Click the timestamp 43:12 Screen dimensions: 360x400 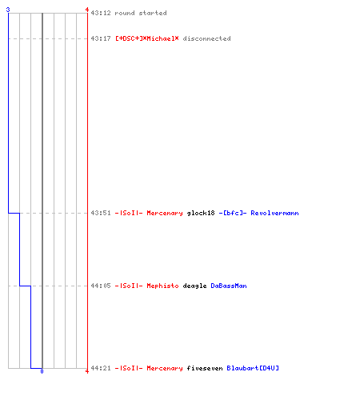click(101, 13)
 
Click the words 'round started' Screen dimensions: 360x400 click(141, 13)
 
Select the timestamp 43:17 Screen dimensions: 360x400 click(101, 38)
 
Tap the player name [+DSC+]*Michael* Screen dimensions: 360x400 click(147, 38)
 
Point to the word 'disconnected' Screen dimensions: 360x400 click(206, 38)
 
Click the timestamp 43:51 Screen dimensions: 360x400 click(101, 213)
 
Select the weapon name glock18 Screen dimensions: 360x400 click(201, 213)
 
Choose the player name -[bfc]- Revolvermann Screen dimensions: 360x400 click(258, 213)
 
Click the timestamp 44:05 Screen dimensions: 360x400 click(101, 286)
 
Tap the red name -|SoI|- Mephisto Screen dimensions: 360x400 click(147, 286)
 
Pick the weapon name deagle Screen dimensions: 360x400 click(194, 286)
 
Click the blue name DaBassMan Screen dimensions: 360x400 click(229, 286)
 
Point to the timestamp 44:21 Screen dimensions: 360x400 click(101, 368)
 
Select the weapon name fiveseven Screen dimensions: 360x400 click(205, 368)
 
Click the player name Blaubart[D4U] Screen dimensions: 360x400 click(253, 368)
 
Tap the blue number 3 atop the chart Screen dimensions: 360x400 click(8, 10)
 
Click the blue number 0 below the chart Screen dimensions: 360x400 click(42, 371)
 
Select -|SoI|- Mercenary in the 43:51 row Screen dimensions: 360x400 click(149, 213)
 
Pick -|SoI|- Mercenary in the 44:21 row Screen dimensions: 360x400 click(149, 368)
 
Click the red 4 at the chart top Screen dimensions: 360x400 click(87, 10)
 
